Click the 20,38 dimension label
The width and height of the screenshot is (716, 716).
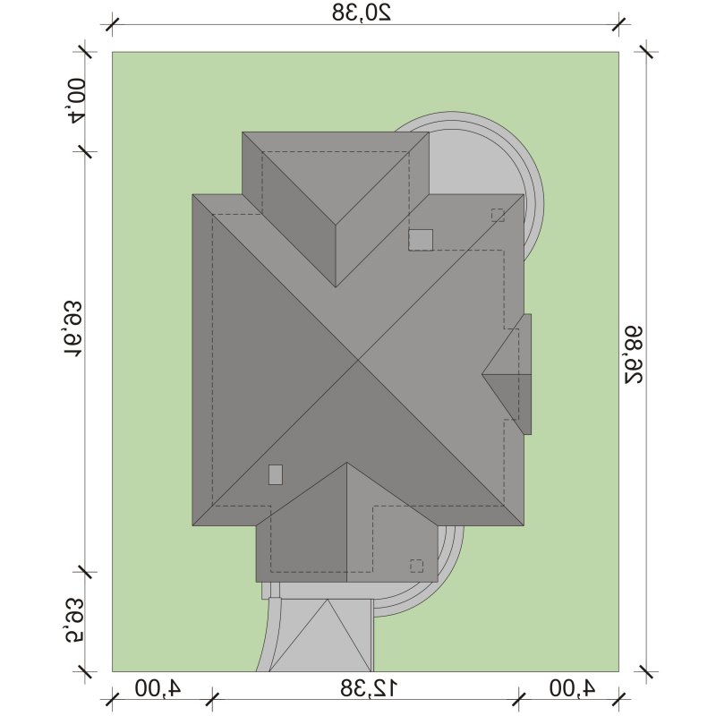pos(362,13)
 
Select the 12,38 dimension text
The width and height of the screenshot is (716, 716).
pos(369,688)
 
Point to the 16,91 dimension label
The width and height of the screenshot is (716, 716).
pos(73,328)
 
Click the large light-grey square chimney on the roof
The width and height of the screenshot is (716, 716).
pos(421,240)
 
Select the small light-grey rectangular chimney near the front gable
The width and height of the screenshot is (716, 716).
pos(276,474)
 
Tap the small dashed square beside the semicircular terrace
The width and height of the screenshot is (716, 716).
pos(498,215)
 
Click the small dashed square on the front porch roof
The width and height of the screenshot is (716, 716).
pos(416,566)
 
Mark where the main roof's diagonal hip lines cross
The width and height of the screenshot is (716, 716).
pos(358,361)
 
